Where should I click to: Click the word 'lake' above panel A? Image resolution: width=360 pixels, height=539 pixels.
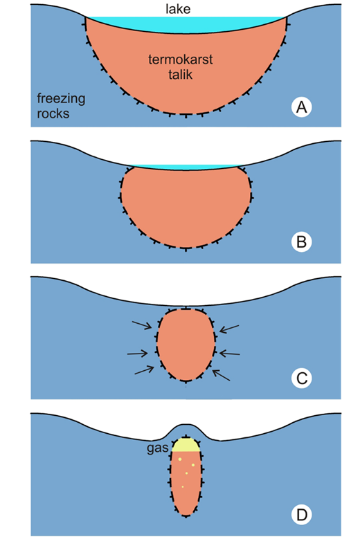[x=178, y=8]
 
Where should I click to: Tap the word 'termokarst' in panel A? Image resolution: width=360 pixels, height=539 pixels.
[x=181, y=60]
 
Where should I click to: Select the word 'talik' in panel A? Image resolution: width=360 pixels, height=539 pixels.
[x=181, y=74]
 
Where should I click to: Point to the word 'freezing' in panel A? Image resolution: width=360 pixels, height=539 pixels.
[x=61, y=99]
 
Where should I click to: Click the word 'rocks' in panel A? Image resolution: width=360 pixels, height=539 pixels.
[x=53, y=113]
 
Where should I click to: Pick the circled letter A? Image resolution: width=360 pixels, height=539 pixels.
[x=302, y=107]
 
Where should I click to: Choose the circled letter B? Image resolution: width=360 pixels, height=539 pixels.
[x=302, y=241]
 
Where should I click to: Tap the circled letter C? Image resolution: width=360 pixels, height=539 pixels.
[x=302, y=378]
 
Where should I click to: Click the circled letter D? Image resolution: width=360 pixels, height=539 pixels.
[x=302, y=515]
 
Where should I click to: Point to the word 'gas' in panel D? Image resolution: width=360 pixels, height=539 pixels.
[x=157, y=448]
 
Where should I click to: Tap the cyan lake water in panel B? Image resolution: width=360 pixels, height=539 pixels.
[x=186, y=167]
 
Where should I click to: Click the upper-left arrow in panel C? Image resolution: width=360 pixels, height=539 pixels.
[x=142, y=325]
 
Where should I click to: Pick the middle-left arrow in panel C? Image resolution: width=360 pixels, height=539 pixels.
[x=138, y=353]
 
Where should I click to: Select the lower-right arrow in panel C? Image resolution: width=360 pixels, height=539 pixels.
[x=221, y=375]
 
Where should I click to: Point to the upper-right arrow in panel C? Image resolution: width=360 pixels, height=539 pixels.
[x=229, y=329]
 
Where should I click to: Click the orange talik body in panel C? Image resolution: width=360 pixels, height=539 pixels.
[x=186, y=345]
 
